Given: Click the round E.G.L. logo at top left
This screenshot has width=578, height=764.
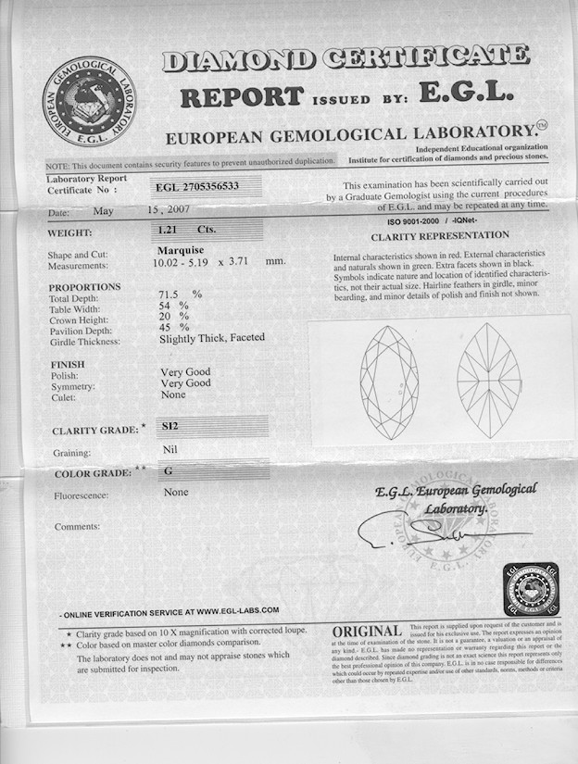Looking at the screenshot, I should pos(88,100).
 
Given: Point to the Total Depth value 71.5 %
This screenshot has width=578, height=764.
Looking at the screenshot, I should pos(180,294).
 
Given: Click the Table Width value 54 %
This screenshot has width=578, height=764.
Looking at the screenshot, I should pos(174,305).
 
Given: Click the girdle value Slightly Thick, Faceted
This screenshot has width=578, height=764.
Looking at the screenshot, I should pos(212,338).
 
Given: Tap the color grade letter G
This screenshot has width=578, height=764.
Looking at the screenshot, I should pos(169,470).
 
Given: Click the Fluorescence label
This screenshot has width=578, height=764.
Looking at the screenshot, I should pos(82,495).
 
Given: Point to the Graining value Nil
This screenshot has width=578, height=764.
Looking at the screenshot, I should pos(169,451).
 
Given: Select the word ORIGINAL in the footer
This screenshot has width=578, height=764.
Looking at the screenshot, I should pos(367,632).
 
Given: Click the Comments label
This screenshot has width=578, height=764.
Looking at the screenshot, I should pos(77,526).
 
